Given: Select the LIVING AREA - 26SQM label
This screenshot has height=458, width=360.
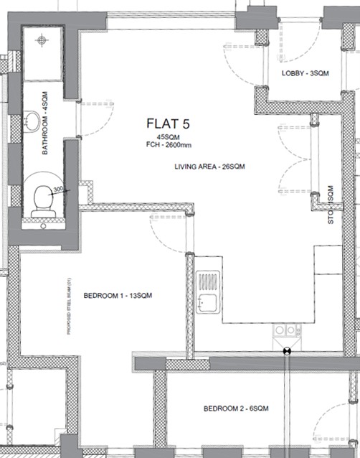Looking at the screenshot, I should pos(210,167).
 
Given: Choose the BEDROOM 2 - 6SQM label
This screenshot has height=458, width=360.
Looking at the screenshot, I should pos(235,408).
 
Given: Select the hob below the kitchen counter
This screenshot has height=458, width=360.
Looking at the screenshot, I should pos(286,330).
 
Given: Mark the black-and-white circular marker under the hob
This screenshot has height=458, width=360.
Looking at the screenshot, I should pos(286,350).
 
